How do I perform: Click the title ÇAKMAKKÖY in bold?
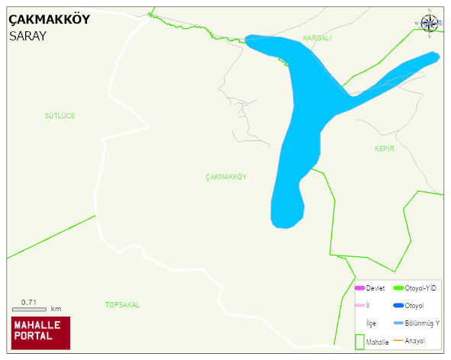coord(49,20)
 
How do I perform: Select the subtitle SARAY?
coord(28,35)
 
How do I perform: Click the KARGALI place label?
coord(317,38)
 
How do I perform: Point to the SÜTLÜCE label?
coord(60,116)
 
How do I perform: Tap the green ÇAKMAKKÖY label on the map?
coord(226,177)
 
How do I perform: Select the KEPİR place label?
coord(385,149)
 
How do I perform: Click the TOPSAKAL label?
coord(122,305)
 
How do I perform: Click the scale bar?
coord(29,309)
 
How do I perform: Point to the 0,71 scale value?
coord(29,302)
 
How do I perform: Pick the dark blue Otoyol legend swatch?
coord(398,306)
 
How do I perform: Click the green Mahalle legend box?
coord(359,340)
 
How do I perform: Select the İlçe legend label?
coord(371,323)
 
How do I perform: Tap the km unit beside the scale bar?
coord(56,309)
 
